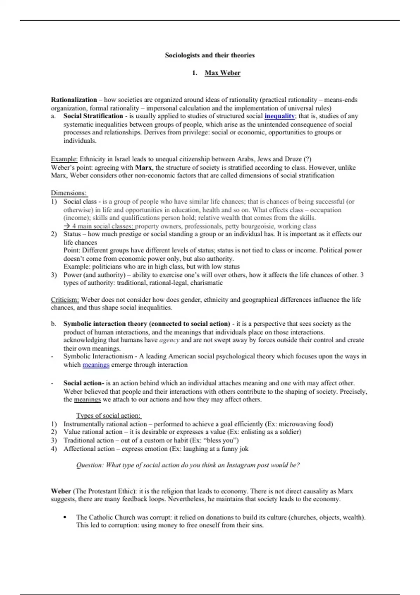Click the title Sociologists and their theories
click(x=210, y=55)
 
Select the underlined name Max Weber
click(x=222, y=73)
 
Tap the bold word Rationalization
click(x=74, y=100)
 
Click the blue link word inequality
click(x=279, y=116)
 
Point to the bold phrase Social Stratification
click(x=93, y=116)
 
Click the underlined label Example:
click(x=64, y=159)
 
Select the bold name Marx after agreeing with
click(x=143, y=167)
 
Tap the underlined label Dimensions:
click(x=69, y=193)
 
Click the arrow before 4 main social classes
click(x=67, y=226)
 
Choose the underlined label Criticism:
click(x=65, y=300)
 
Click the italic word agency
click(x=169, y=340)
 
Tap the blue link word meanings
click(x=96, y=365)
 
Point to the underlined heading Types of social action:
click(x=108, y=415)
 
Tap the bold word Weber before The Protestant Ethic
click(x=61, y=491)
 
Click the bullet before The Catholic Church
click(x=65, y=517)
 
